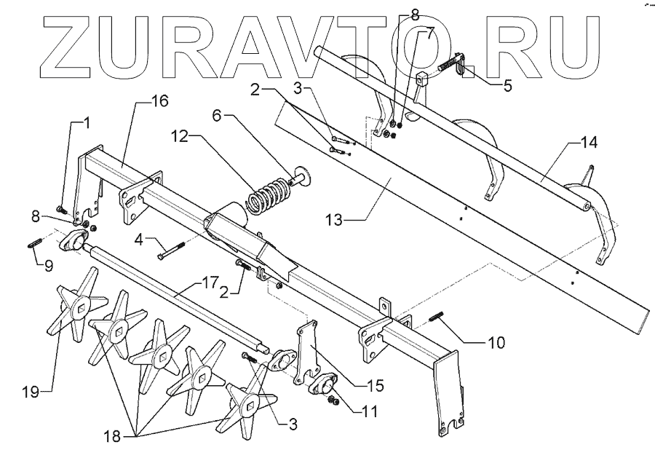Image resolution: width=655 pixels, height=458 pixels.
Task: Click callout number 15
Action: click(375, 385)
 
